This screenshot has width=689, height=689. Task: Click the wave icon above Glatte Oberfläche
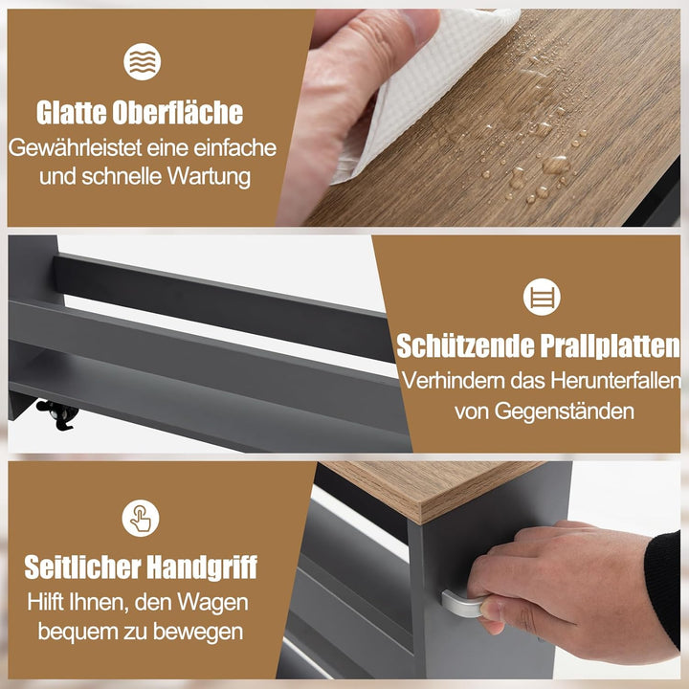(142, 61)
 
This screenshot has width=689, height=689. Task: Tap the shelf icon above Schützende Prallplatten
(542, 297)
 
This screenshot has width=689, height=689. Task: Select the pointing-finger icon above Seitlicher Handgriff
(141, 518)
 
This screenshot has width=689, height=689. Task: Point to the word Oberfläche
(178, 113)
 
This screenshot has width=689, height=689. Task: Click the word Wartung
(210, 177)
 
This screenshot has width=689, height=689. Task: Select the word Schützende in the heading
(465, 345)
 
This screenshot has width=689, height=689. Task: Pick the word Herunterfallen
(615, 381)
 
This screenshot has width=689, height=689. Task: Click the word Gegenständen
(565, 412)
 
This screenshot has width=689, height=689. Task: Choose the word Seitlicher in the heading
(82, 567)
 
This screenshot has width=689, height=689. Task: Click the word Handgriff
(202, 567)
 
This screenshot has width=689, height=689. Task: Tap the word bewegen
(198, 632)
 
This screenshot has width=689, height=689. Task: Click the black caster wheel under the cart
(59, 413)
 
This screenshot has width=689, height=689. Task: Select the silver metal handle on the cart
(463, 604)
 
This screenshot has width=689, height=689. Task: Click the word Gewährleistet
(75, 147)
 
